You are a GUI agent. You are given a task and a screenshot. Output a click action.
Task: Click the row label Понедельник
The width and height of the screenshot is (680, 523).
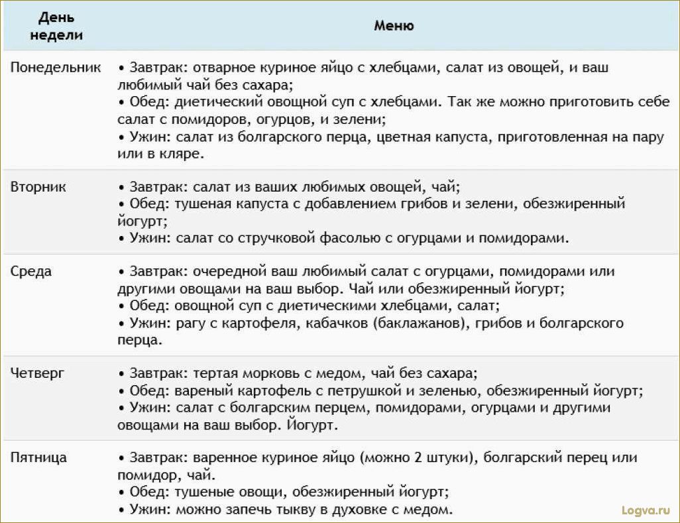[56, 68]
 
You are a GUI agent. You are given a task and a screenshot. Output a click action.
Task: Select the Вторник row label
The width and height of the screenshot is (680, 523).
[38, 187]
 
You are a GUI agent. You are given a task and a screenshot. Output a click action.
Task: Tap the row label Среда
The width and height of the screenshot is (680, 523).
[31, 272]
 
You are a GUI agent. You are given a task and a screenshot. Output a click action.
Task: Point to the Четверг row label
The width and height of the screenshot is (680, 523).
[38, 373]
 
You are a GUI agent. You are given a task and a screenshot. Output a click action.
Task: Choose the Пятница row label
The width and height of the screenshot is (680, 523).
[38, 458]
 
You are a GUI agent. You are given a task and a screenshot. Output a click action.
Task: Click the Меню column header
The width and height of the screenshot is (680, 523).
[394, 26]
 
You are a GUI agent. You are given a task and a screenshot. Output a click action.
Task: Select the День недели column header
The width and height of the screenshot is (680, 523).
[56, 26]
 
